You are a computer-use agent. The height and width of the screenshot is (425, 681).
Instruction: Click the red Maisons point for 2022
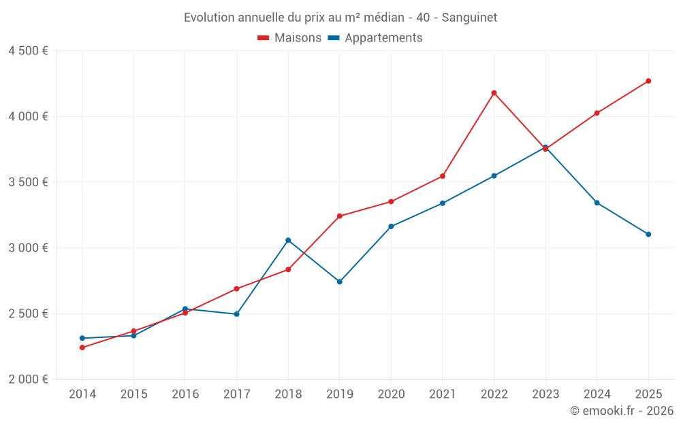click(494, 93)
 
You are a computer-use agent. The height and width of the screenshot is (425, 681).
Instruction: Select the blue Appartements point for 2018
click(288, 240)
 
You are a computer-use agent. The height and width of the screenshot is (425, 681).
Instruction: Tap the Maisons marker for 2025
click(648, 81)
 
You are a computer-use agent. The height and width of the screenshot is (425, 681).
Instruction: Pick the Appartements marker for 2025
click(648, 234)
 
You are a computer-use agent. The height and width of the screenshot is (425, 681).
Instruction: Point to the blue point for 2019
click(339, 282)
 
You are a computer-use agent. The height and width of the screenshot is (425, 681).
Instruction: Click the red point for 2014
click(82, 347)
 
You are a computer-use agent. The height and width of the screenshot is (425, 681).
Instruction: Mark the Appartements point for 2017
click(236, 314)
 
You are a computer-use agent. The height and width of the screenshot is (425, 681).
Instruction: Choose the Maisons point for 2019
click(339, 216)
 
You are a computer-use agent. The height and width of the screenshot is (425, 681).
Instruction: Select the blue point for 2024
click(597, 203)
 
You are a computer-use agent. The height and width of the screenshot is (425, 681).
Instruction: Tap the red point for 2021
click(443, 176)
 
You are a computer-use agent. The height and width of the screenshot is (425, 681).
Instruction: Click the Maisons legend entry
click(289, 38)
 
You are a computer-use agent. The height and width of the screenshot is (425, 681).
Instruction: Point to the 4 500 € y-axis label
click(28, 51)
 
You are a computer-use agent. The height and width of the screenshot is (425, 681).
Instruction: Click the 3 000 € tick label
click(28, 248)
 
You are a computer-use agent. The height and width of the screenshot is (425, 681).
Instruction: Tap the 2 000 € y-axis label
click(28, 379)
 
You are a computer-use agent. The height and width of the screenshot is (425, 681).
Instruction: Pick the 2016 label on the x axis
click(185, 394)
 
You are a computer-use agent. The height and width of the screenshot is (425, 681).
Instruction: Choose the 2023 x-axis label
click(545, 394)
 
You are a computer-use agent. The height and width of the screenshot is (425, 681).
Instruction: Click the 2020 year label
click(391, 394)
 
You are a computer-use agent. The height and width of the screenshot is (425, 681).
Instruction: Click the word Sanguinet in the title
click(469, 18)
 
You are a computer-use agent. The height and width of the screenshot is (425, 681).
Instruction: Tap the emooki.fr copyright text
click(622, 411)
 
